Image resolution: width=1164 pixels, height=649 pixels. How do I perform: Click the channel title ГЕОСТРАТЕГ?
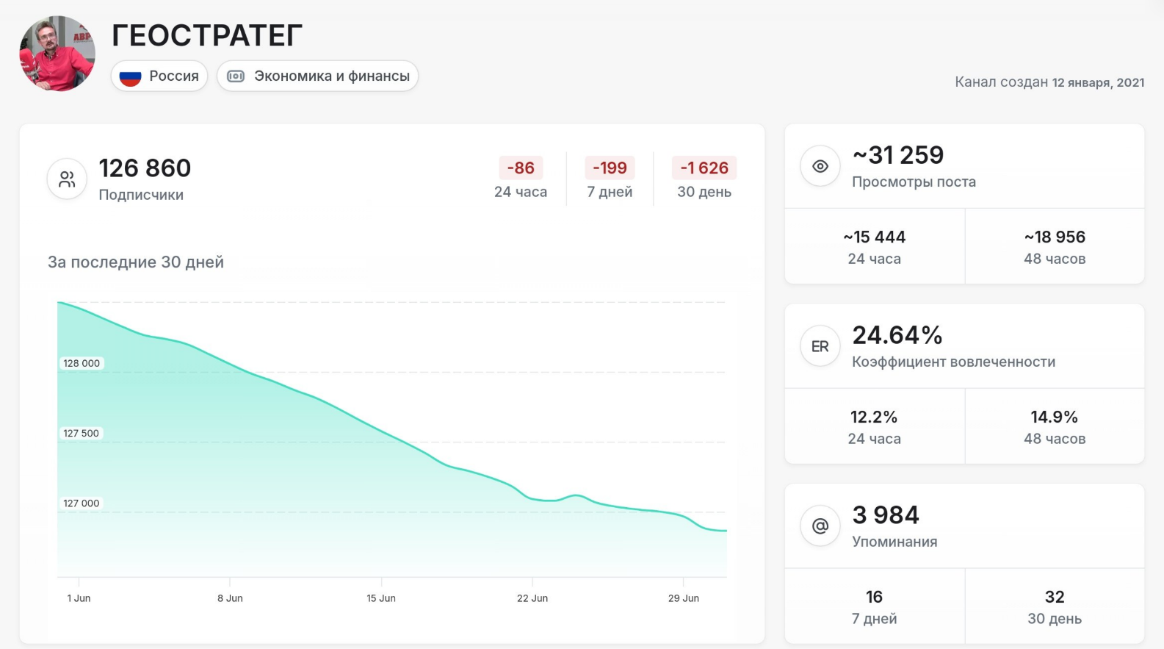point(207,35)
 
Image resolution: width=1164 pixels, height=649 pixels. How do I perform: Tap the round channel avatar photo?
point(57,54)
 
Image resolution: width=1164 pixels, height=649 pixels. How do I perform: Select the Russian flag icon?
point(130,76)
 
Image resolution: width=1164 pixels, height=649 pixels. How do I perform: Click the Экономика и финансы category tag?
point(317,76)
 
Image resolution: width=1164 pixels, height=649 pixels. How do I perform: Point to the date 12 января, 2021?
point(1098,82)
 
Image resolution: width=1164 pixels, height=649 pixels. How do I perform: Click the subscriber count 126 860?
point(145,168)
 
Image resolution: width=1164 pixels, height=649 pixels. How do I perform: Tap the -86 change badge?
point(521,168)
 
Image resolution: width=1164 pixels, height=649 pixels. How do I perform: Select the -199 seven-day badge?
point(610,168)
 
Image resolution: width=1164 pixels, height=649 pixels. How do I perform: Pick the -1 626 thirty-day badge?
point(704,168)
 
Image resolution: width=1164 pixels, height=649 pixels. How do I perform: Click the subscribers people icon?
point(67,179)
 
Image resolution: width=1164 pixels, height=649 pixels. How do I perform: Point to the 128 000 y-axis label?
point(82,363)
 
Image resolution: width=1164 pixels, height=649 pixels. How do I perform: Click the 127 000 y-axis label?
point(82,503)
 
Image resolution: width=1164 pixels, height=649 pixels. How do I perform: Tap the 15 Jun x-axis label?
point(381,598)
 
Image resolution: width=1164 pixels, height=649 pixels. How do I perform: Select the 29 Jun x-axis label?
point(683,598)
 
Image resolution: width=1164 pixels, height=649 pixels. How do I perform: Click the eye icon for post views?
point(820,166)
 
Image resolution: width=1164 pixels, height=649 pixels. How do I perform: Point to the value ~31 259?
point(898,155)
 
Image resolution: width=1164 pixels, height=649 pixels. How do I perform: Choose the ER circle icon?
point(820,346)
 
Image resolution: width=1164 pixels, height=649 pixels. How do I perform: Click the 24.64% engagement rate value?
point(897,335)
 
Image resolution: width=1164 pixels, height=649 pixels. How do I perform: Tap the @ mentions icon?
point(820,526)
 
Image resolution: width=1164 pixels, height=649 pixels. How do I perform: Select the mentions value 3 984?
point(886,514)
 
